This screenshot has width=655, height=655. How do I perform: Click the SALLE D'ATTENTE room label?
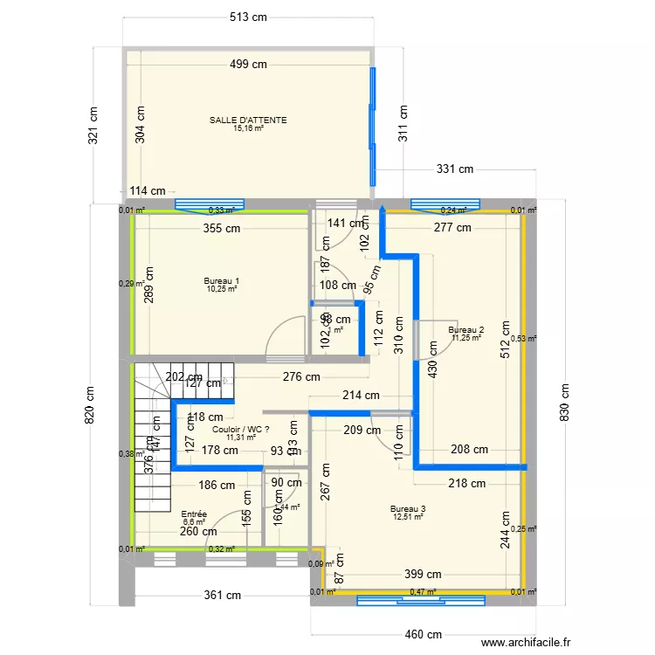coord(248,121)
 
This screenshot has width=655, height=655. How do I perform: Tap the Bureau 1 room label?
coord(222,281)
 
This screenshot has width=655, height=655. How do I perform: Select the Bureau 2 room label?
coord(466,330)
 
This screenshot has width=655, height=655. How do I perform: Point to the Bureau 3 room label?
coord(409,508)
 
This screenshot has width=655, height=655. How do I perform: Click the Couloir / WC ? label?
coord(241,430)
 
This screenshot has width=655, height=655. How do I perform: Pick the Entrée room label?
coord(194,514)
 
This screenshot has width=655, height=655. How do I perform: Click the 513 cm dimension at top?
coord(248,17)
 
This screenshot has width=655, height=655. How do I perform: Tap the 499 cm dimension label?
coord(248,64)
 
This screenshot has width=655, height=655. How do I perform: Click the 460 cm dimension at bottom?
coord(422,635)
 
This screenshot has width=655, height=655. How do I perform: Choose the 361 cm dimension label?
coord(223,596)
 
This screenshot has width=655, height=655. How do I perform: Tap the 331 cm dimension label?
coord(455,169)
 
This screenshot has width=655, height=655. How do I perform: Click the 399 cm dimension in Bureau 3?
coord(422,574)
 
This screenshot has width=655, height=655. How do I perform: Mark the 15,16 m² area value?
coord(248,128)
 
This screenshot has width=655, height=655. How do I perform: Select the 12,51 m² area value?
coord(409,516)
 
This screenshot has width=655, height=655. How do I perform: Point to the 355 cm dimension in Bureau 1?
coord(222,230)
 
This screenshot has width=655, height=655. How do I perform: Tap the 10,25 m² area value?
coord(222,289)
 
